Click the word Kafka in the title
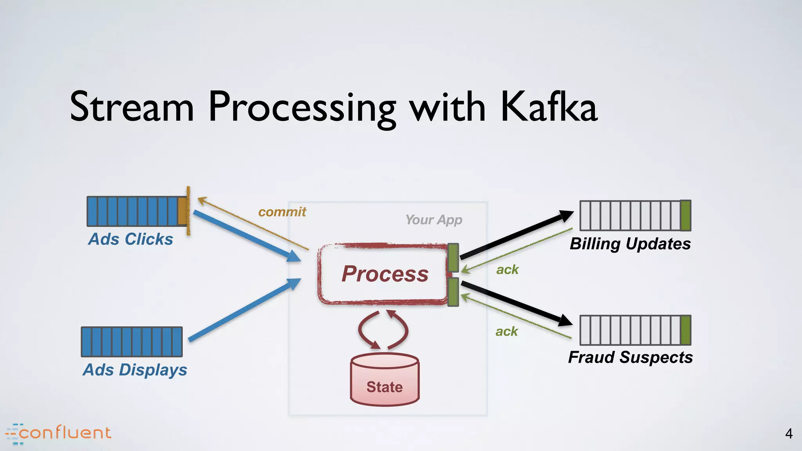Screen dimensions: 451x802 pos(548,106)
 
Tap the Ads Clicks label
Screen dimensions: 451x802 pos(130,239)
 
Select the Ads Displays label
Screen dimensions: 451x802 pos(135,370)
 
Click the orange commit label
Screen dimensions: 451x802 pos(282,212)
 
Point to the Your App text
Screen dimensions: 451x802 pos(434,220)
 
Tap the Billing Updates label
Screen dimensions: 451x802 pos(630,244)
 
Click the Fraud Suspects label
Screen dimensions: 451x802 pos(630,357)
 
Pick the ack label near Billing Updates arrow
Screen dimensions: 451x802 pos(507,269)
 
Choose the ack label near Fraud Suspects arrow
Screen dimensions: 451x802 pos(506,331)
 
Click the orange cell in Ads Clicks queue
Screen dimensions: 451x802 pos(182,211)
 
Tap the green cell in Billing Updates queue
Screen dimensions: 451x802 pos(685,215)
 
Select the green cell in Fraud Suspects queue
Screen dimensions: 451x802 pos(685,330)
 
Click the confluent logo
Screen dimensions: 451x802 pos(59,433)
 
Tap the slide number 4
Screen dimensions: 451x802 pos(789,433)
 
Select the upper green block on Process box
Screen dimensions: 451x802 pos(453,258)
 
